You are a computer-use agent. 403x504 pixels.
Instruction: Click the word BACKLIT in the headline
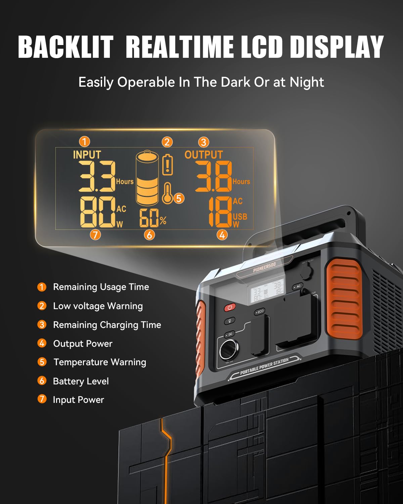[x=66, y=47]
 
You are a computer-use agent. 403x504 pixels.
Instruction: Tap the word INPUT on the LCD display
[x=87, y=155]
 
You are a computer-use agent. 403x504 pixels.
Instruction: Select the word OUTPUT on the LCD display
[x=204, y=155]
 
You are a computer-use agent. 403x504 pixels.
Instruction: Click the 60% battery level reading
[x=153, y=218]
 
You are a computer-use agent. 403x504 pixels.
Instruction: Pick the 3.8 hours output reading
[x=214, y=176]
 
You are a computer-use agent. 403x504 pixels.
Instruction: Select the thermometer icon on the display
[x=168, y=194]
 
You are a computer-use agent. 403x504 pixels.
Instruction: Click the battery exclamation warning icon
[x=168, y=165]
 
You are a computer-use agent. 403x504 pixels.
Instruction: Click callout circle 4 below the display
[x=222, y=235]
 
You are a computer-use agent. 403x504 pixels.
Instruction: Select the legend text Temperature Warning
[x=100, y=362]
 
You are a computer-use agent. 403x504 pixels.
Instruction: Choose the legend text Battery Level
[x=81, y=381]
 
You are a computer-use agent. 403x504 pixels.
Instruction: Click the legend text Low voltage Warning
[x=98, y=306]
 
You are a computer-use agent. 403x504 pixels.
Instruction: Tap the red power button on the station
[x=230, y=307]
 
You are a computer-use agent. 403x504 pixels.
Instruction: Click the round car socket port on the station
[x=229, y=350]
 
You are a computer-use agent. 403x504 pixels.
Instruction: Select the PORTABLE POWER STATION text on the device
[x=264, y=366]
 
